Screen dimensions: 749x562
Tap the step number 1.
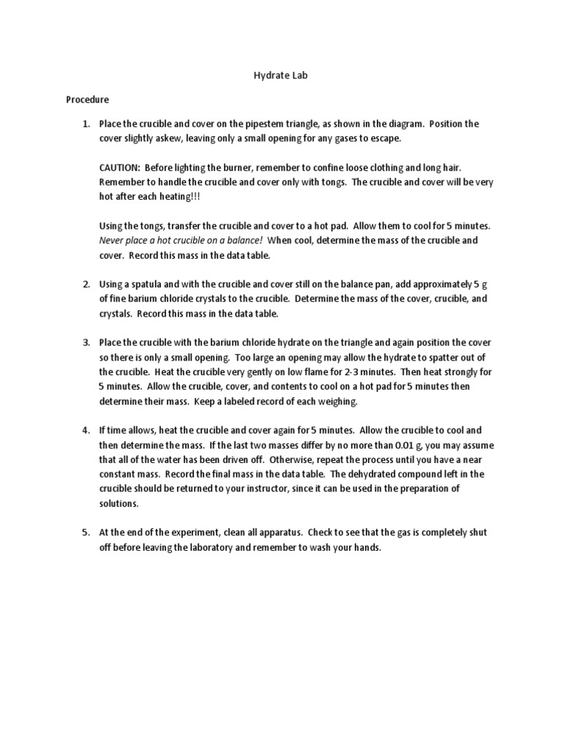pyautogui.click(x=85, y=124)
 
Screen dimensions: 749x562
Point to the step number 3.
pyautogui.click(x=85, y=342)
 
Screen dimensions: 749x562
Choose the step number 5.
pyautogui.click(x=85, y=532)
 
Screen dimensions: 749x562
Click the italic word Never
pyautogui.click(x=110, y=240)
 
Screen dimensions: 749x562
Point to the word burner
pyautogui.click(x=215, y=168)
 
